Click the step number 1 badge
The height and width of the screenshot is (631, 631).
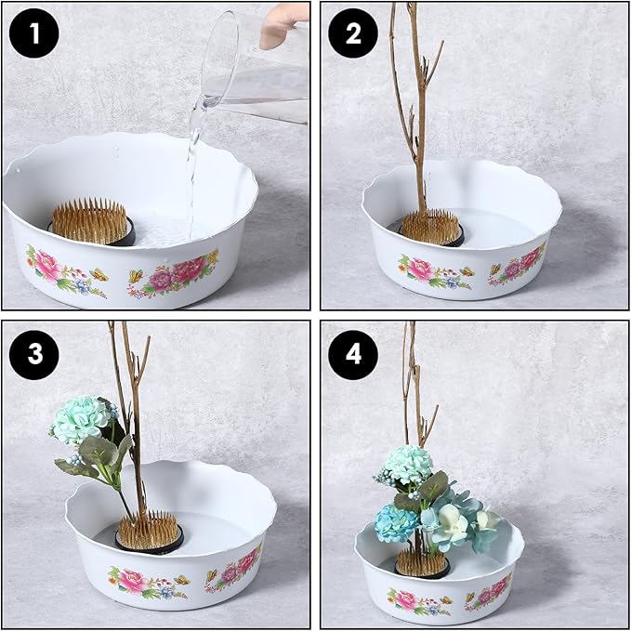click(33, 33)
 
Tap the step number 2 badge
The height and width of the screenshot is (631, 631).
click(353, 33)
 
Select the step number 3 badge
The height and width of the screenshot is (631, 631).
click(33, 355)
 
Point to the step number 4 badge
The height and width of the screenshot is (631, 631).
click(353, 355)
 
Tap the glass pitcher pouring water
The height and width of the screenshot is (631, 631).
click(255, 66)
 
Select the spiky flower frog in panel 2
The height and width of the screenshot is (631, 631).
click(431, 229)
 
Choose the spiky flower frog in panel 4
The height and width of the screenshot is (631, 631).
click(422, 562)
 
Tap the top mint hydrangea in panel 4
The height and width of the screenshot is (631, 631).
click(408, 465)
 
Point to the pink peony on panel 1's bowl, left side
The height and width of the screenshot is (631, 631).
click(47, 266)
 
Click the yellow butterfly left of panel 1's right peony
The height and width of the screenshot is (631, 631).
click(137, 276)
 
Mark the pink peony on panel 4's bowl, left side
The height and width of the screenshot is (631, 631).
click(405, 600)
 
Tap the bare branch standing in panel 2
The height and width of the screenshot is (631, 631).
click(416, 109)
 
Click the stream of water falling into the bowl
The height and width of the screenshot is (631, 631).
click(194, 169)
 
